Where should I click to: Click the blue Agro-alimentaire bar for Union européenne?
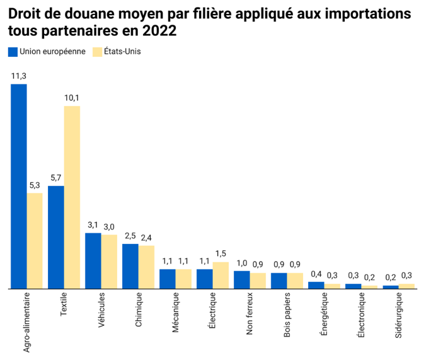19,186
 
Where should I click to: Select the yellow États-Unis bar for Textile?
72,197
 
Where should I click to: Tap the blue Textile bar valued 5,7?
56,237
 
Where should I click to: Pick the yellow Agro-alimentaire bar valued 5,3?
35,240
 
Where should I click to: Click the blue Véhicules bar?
93,260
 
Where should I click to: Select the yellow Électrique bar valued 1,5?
221,275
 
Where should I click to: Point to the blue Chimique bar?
130,265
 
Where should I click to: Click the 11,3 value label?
19,76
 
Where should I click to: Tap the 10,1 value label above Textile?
72,98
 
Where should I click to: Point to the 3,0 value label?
109,226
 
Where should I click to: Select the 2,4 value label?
146,237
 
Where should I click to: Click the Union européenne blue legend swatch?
13,52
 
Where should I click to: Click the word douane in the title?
91,14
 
